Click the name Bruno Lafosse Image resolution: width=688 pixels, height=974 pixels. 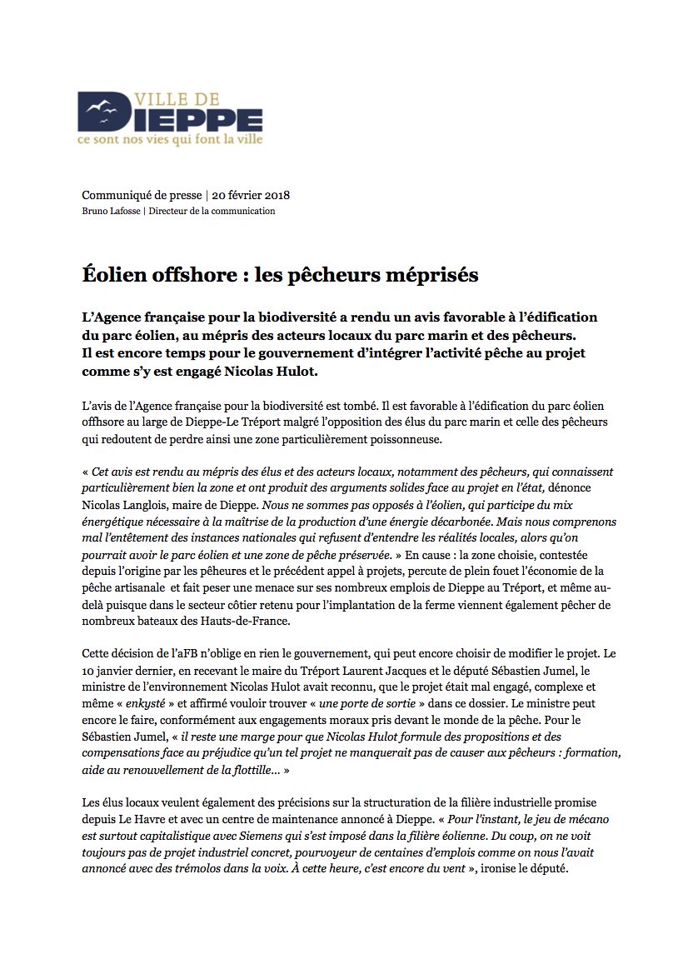[x=110, y=212]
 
